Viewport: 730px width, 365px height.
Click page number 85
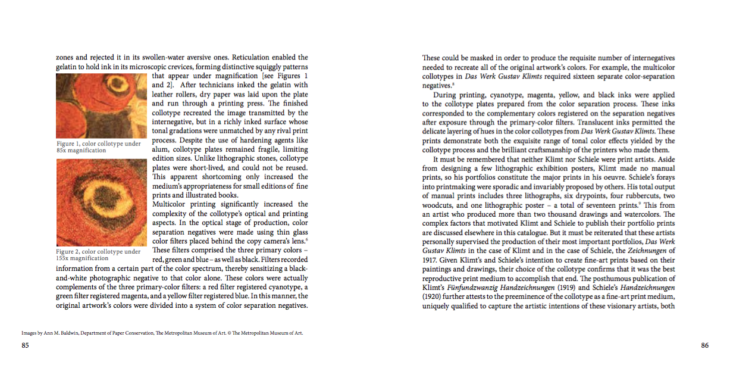tap(25, 345)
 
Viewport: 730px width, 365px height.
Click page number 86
tap(704, 345)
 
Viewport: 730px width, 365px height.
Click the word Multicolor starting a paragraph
tap(173, 204)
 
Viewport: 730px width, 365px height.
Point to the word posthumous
tap(613, 278)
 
